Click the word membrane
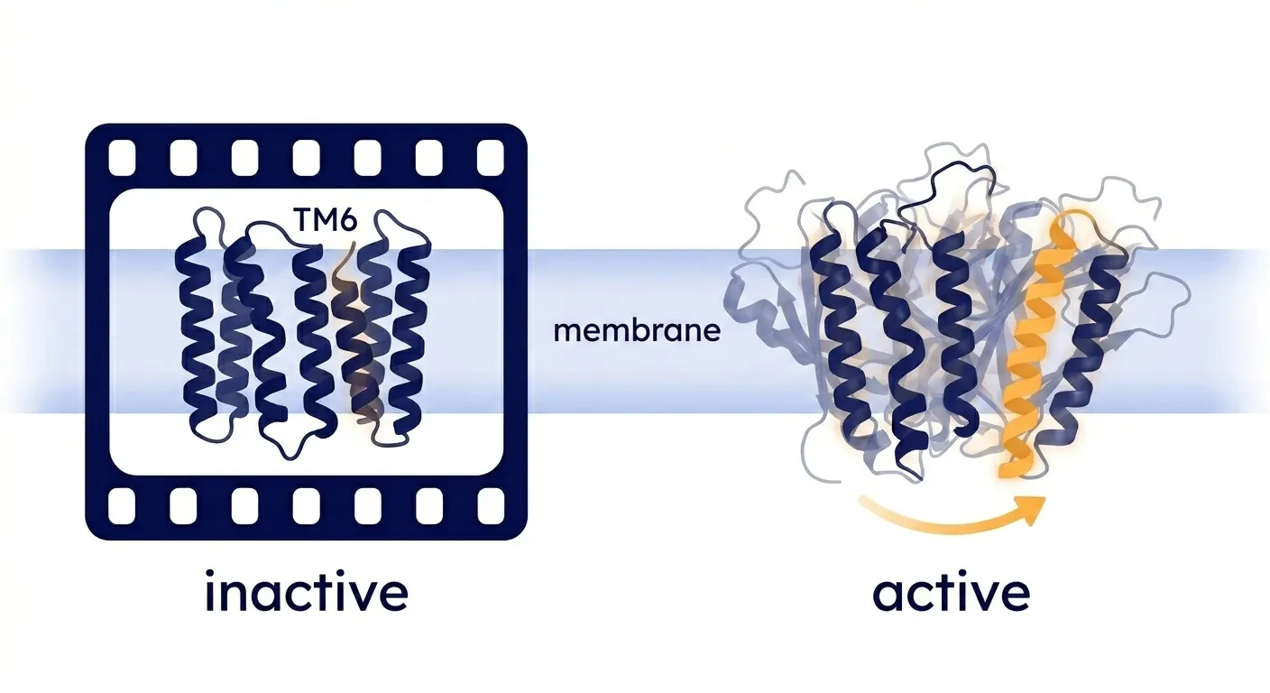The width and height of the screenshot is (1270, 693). pyautogui.click(x=637, y=330)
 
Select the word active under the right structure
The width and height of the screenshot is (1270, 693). pyautogui.click(x=951, y=593)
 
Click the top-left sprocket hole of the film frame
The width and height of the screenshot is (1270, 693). pyautogui.click(x=122, y=157)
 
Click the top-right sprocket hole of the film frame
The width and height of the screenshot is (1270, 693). pyautogui.click(x=491, y=157)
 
